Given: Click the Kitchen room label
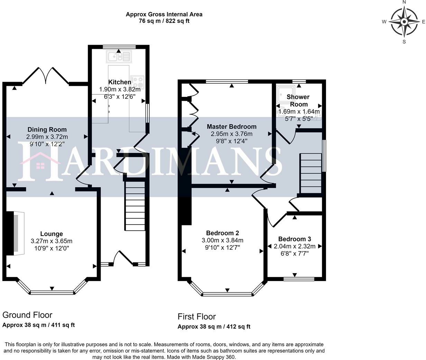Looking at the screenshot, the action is (120, 82).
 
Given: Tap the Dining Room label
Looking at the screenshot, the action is (47, 129).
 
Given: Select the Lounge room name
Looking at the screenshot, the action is (52, 234).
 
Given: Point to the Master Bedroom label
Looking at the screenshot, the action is (232, 127).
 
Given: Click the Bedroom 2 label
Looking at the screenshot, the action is (222, 233).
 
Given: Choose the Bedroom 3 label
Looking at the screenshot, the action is (295, 239).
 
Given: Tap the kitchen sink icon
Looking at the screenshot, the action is (119, 56).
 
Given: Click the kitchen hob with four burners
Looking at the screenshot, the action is (137, 82).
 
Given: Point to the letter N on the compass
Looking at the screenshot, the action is (404, 2).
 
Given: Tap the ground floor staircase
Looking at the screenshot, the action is (135, 206).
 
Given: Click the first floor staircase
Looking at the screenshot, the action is (311, 173).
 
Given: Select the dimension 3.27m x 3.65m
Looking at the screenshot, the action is (52, 241).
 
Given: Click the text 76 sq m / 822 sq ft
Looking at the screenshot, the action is (164, 21).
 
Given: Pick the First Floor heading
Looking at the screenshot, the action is (197, 316).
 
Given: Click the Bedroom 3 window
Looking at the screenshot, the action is (299, 279).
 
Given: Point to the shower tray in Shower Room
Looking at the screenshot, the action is (286, 94).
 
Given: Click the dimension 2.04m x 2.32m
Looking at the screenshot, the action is (295, 246).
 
